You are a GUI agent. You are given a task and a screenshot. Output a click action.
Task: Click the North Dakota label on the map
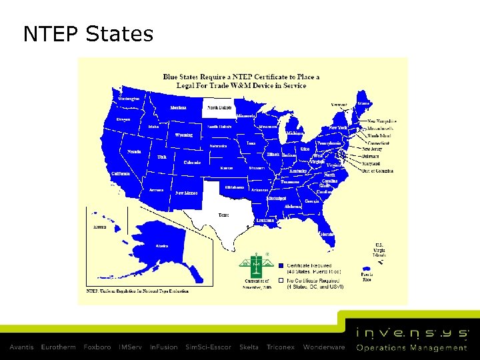(219, 107)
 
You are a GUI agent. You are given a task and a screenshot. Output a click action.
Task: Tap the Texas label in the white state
(223, 215)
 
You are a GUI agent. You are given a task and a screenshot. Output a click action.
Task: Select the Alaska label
(162, 246)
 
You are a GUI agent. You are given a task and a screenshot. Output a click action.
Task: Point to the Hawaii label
(99, 227)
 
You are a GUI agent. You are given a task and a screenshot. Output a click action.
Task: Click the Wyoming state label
(184, 135)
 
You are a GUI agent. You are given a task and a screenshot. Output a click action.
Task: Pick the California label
(121, 173)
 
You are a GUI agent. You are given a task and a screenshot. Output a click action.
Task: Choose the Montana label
(178, 107)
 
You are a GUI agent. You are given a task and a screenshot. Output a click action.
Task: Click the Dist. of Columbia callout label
(378, 171)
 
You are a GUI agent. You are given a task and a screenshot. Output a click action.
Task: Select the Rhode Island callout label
(379, 135)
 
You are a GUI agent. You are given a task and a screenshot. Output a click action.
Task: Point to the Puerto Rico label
(367, 277)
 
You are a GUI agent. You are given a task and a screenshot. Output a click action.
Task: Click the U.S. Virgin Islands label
(379, 249)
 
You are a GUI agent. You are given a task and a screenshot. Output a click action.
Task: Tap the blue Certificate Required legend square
(281, 265)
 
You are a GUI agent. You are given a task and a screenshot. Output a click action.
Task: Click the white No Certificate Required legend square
(281, 280)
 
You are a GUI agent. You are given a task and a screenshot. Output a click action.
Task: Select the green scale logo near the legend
(257, 265)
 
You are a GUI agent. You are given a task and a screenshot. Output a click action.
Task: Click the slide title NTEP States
(88, 33)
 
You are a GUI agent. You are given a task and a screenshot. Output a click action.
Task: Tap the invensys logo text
(412, 333)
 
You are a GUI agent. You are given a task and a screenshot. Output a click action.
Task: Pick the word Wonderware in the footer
(324, 347)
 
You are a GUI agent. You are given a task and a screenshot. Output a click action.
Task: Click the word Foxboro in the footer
(97, 347)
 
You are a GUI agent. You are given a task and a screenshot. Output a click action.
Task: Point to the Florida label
(327, 235)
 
